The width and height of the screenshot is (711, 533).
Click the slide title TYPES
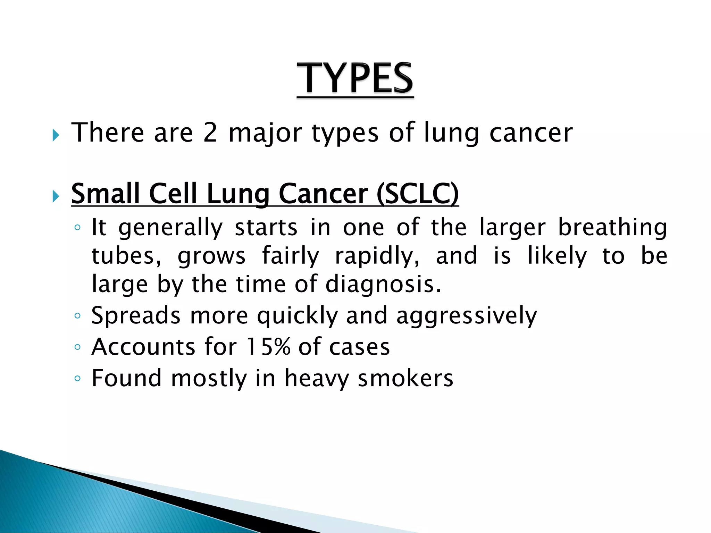pos(355,78)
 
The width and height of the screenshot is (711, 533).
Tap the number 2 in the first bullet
pos(210,133)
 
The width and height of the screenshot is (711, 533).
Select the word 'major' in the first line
pos(265,134)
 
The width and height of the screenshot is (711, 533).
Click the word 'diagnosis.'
pos(383,284)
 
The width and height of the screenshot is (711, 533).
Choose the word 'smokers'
pos(405,378)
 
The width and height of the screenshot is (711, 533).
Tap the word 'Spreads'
pos(136,316)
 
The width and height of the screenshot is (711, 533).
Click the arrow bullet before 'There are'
pos(56,135)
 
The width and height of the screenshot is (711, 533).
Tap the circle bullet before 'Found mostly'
pos(77,378)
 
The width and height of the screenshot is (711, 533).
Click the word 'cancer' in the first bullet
pos(531,133)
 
